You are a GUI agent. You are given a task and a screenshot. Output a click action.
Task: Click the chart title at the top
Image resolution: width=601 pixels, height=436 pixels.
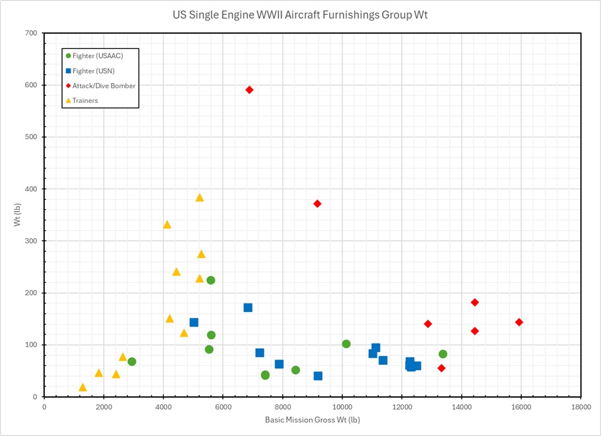[x=300, y=15]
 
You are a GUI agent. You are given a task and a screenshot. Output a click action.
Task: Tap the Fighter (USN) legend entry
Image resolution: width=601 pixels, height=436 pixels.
[x=98, y=71]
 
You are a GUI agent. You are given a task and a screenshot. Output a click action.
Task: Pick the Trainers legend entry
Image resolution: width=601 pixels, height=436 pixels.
[x=90, y=101]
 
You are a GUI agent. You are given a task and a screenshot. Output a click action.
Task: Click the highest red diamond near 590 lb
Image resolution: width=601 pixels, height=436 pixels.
[x=249, y=90]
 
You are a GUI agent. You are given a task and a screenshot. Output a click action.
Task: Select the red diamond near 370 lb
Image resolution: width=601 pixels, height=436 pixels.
[x=317, y=204]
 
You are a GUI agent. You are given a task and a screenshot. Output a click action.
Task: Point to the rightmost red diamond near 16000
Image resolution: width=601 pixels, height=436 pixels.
[x=519, y=322]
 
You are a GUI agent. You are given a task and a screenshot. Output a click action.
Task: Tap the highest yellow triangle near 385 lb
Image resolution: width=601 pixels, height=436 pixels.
[x=200, y=197]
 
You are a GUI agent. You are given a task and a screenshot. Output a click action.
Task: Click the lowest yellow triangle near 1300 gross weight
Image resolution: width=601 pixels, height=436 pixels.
[x=82, y=387]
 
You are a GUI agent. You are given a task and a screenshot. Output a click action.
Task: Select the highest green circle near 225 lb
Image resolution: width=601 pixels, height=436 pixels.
[x=210, y=280]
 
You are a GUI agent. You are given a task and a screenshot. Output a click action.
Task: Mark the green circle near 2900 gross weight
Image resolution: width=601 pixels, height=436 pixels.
[x=132, y=361]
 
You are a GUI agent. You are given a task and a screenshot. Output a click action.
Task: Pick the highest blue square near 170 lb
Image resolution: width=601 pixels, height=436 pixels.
[x=248, y=307]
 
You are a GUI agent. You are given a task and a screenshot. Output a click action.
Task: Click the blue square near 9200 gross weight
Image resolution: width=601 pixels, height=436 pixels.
[x=318, y=376]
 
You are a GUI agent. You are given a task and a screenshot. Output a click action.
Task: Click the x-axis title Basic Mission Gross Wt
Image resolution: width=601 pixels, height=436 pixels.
[x=312, y=420]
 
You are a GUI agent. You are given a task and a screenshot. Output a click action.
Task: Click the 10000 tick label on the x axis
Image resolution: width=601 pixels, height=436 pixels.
[x=342, y=406]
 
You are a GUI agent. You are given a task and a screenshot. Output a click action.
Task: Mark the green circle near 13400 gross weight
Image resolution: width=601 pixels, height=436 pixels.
[x=443, y=354]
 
